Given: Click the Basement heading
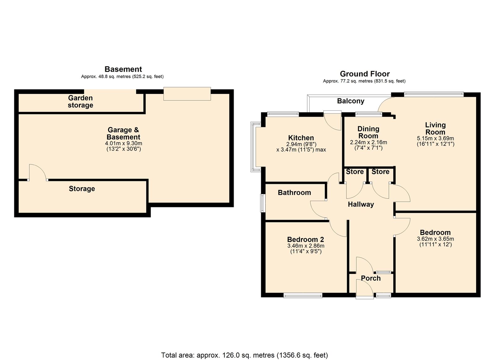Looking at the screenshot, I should (x=123, y=69).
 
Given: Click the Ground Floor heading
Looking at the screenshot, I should (x=364, y=74).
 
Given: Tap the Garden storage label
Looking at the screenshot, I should (x=80, y=102).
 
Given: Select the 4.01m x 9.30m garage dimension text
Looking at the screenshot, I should (x=123, y=144).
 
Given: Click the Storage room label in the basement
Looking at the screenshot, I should (x=82, y=189).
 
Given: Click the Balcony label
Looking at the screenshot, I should (x=351, y=101).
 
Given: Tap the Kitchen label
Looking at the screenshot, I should (x=301, y=138).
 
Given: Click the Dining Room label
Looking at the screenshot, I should (x=368, y=132).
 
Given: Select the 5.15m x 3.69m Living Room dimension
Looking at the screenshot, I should (x=435, y=139).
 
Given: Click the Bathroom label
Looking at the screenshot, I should (x=294, y=193).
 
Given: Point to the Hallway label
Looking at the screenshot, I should (x=361, y=204).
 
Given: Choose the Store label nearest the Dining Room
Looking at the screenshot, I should (x=355, y=172).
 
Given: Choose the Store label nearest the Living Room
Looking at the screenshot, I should (x=380, y=172).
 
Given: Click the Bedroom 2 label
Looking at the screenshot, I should (x=305, y=239).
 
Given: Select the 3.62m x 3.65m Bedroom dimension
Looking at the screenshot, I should (x=435, y=239).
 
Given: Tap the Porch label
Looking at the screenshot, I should (x=371, y=278).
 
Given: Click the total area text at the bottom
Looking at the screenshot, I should (x=244, y=355).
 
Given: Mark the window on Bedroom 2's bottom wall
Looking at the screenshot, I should (x=303, y=296).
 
